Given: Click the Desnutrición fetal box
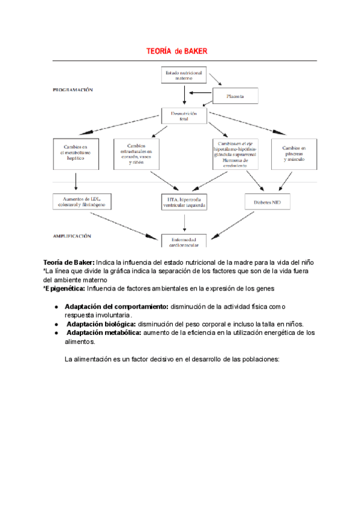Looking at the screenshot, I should point(184,115).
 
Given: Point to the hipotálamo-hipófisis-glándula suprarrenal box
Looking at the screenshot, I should point(234,154).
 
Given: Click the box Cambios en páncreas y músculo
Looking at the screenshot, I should point(293,154).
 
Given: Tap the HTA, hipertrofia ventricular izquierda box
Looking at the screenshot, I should point(184,202).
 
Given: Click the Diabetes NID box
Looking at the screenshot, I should point(267,202).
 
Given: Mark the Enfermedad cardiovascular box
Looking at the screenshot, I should point(184,241).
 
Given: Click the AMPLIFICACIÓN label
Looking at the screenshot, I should point(71,236).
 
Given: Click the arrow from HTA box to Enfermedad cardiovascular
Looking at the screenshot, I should point(184,221).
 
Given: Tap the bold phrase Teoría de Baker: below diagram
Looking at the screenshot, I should point(68,263).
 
